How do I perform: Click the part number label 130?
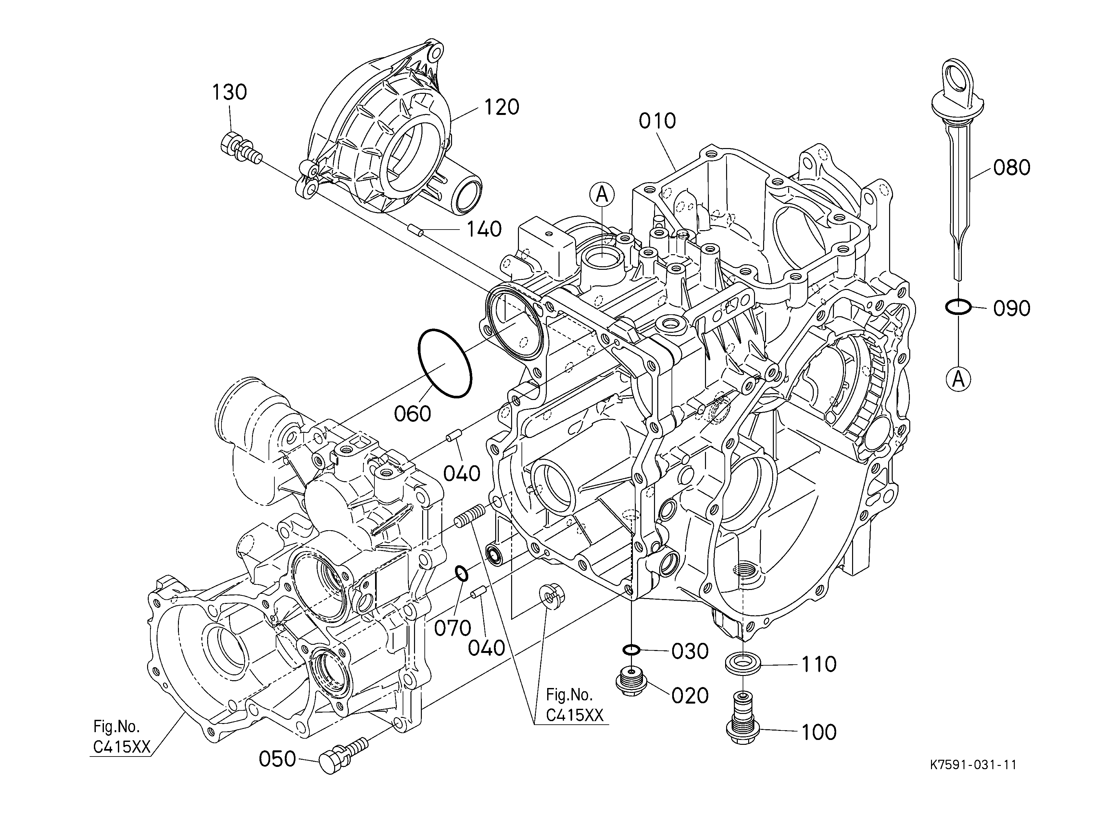pyautogui.click(x=230, y=92)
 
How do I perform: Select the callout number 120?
pyautogui.click(x=502, y=107)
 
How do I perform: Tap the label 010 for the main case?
pyautogui.click(x=657, y=121)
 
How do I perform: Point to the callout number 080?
pyautogui.click(x=1012, y=168)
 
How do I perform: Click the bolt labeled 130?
pyautogui.click(x=240, y=148)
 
